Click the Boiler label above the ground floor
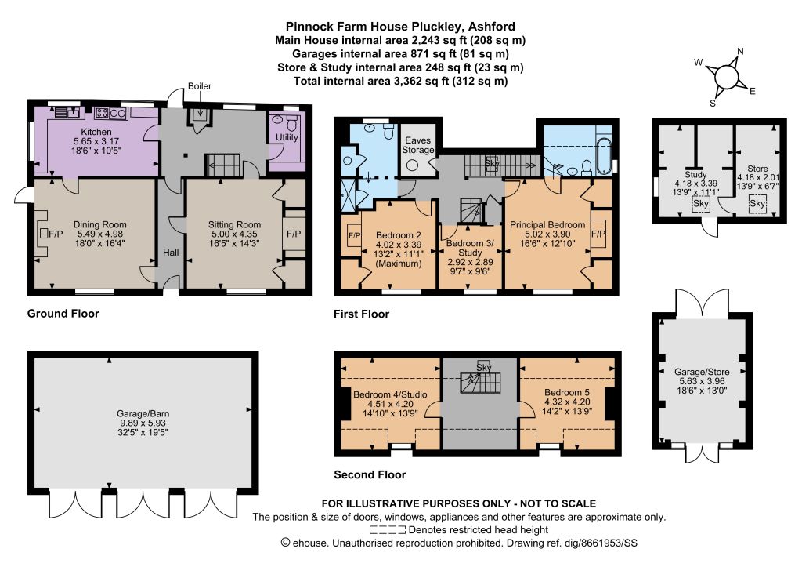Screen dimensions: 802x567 point(199,86)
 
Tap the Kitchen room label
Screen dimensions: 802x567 point(96,132)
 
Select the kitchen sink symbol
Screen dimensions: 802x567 point(67,112)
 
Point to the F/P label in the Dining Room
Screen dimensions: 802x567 point(56,234)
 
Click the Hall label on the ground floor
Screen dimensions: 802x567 point(171,253)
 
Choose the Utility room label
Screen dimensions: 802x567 point(287,137)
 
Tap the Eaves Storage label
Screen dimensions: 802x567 point(418,145)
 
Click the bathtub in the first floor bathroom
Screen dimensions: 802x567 point(604,154)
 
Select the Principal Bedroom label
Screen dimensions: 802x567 point(547,225)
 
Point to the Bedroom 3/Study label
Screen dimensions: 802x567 point(470,248)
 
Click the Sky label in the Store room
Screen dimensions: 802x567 point(757,203)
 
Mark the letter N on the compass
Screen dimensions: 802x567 point(740,51)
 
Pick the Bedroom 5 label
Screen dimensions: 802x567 point(567,392)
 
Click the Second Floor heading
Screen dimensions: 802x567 point(370,474)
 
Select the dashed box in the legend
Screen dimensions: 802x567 point(387,530)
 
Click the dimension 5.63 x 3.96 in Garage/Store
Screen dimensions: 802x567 point(702,381)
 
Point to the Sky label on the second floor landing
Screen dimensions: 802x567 point(483,367)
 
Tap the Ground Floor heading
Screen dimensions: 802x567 point(63,314)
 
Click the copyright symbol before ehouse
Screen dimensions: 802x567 point(285,543)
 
